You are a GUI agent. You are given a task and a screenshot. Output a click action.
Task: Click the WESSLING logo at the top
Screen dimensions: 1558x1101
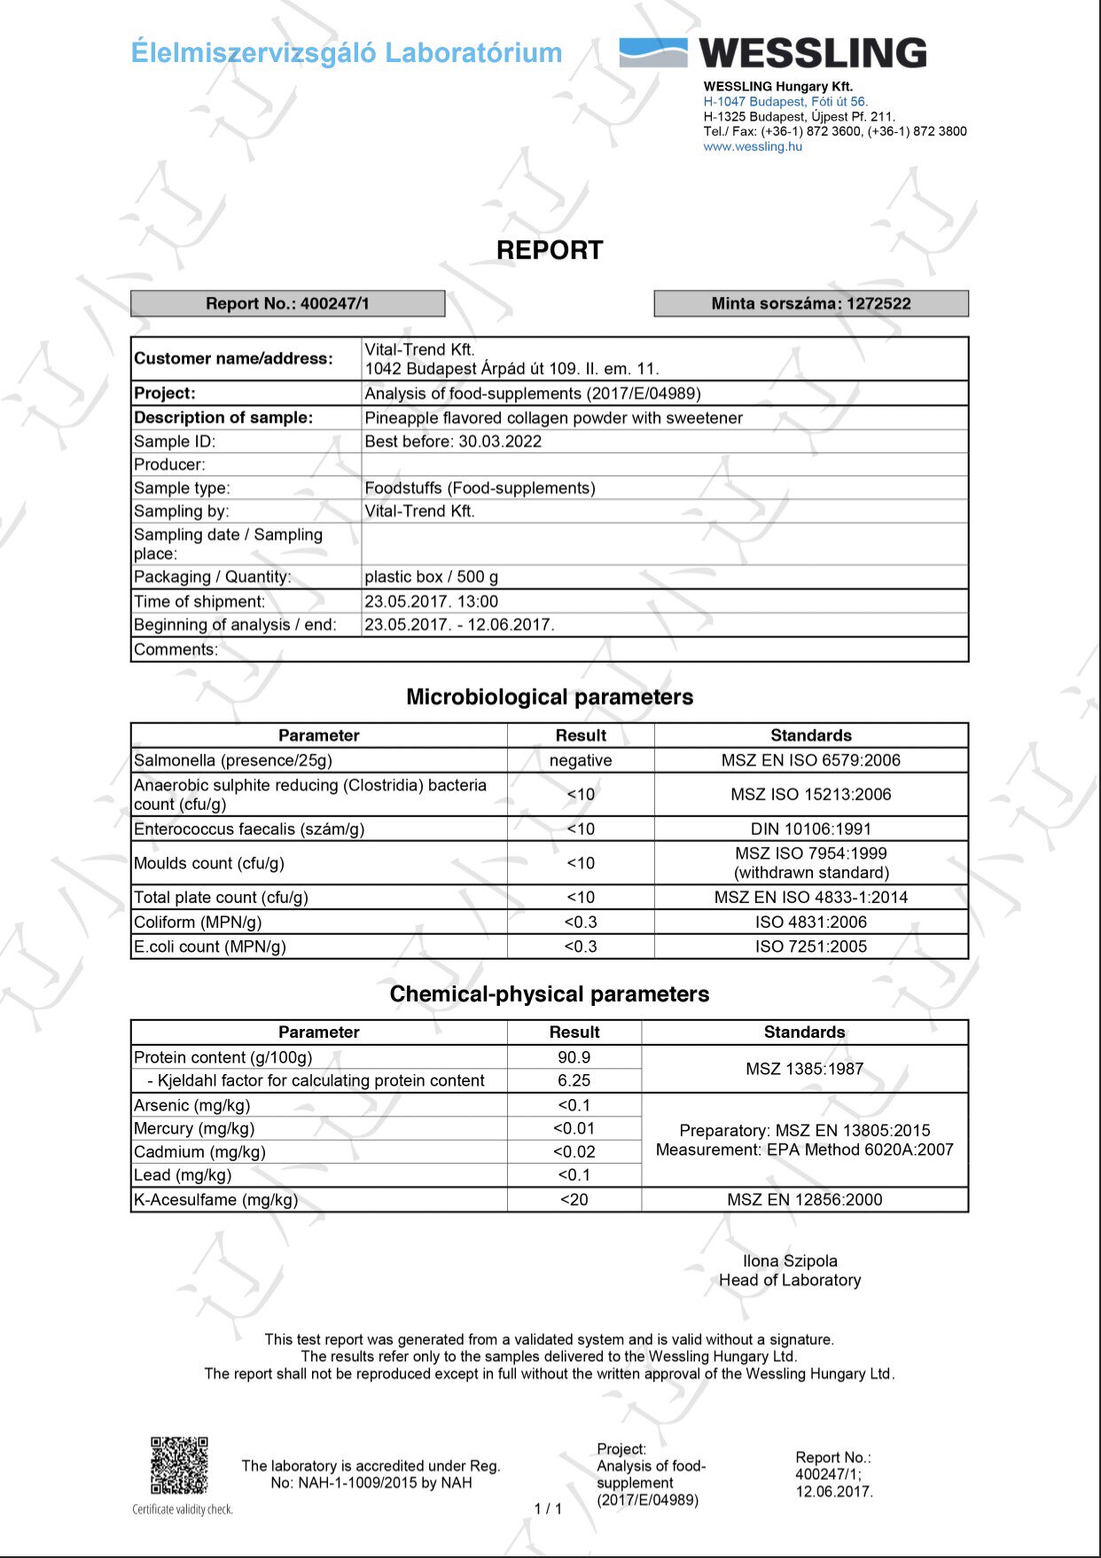tap(773, 53)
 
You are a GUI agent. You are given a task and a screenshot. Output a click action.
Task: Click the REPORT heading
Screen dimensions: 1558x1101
tap(550, 251)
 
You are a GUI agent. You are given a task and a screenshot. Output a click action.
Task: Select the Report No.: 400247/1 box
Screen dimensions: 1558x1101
tap(287, 303)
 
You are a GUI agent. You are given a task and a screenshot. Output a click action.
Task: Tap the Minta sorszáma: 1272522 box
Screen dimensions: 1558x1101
tap(810, 303)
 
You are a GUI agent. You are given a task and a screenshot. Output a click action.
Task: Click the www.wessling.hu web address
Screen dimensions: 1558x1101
tap(753, 147)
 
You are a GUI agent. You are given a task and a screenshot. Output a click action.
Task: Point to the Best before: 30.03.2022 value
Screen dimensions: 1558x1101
tap(453, 441)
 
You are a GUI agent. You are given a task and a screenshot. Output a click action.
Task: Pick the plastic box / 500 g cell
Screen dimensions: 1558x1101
tap(432, 577)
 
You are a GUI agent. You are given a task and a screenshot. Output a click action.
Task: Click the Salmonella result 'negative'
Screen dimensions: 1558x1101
tap(581, 760)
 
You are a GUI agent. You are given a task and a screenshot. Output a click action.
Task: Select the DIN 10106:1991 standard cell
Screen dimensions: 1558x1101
tap(810, 829)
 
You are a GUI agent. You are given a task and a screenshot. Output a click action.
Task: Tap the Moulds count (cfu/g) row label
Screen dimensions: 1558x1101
tap(209, 863)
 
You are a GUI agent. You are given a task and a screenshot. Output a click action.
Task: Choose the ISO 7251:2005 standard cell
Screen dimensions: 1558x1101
tap(810, 946)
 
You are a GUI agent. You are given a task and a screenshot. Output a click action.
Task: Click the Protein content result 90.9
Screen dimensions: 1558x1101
tap(574, 1057)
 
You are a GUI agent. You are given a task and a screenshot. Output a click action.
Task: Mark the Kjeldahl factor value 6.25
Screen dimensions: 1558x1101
tap(574, 1080)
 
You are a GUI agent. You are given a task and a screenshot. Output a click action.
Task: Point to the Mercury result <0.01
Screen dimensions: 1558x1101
tap(574, 1128)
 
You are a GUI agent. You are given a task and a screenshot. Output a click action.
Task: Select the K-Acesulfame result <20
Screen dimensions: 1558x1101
tap(574, 1200)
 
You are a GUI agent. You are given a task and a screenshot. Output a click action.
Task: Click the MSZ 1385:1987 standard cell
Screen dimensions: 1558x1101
tap(804, 1069)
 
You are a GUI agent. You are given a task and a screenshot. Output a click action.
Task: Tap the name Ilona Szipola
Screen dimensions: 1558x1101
tap(790, 1261)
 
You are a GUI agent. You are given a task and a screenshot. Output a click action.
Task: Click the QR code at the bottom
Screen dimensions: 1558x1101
tap(179, 1466)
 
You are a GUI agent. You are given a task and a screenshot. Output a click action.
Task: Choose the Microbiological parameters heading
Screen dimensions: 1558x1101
tap(550, 697)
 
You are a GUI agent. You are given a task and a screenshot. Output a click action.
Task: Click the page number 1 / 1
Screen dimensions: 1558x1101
tap(548, 1508)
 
